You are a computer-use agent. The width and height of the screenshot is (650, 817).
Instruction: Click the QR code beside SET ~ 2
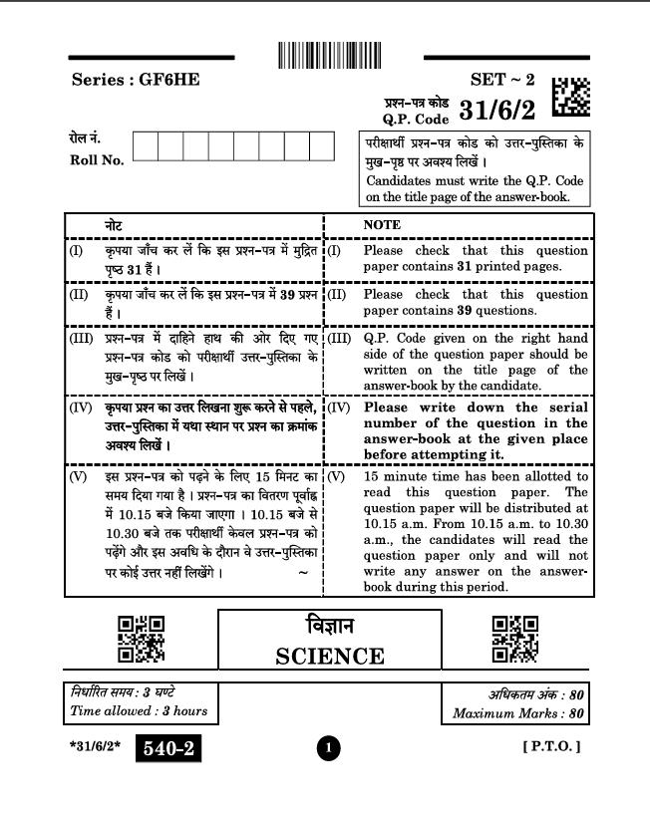[x=570, y=97]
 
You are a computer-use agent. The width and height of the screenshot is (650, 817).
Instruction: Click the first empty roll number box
[x=145, y=146]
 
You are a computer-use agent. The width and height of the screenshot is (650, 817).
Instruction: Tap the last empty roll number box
[x=321, y=146]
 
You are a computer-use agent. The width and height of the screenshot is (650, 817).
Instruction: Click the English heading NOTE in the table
[x=382, y=225]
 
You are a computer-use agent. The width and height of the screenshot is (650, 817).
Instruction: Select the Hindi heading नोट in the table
[x=115, y=225]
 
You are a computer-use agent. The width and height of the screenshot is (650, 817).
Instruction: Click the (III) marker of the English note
[x=339, y=339]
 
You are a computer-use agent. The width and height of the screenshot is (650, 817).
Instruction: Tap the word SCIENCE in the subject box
[x=330, y=656]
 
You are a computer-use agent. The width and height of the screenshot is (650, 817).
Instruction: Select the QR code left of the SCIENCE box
[x=142, y=639]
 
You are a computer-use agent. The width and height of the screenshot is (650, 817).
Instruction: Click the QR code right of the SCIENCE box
[x=516, y=639]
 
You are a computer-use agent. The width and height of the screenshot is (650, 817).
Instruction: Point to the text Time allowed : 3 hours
[x=139, y=711]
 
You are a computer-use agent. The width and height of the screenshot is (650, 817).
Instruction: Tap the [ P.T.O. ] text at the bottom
[x=551, y=746]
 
